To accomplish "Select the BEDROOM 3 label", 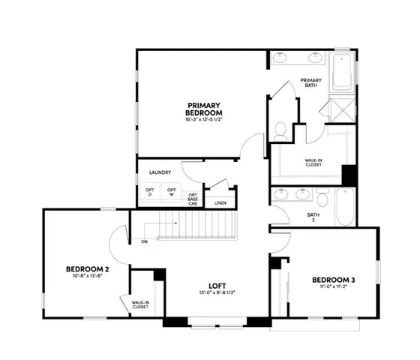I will click(x=333, y=280).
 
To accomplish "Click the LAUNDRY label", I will click(x=160, y=172).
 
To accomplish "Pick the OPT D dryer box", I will click(x=149, y=193).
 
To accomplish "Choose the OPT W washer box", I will click(x=172, y=193).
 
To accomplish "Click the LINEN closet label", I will click(x=220, y=202).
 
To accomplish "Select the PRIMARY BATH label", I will click(x=310, y=83).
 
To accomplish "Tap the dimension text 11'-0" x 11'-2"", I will click(x=333, y=289).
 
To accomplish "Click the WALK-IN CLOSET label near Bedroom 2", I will click(x=140, y=304).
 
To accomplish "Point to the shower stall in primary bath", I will click(x=341, y=109).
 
